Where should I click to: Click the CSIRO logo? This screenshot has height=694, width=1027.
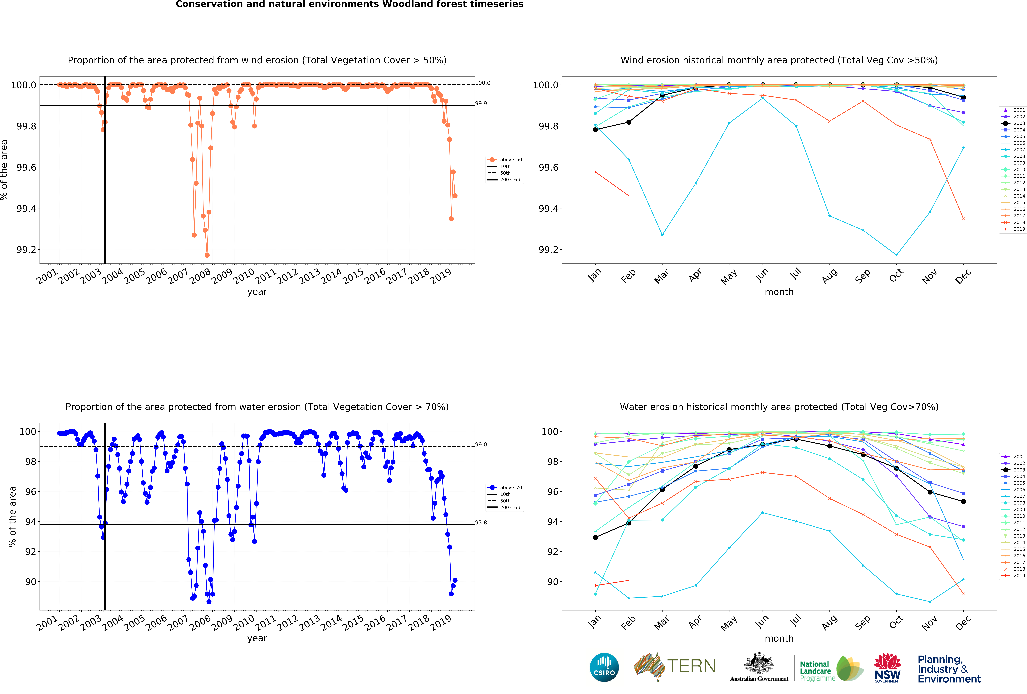tap(604, 667)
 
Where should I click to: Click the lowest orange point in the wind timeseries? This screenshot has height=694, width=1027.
tap(207, 255)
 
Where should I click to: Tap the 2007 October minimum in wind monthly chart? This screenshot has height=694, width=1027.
tap(896, 255)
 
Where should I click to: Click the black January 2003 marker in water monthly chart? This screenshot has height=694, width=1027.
tap(595, 538)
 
